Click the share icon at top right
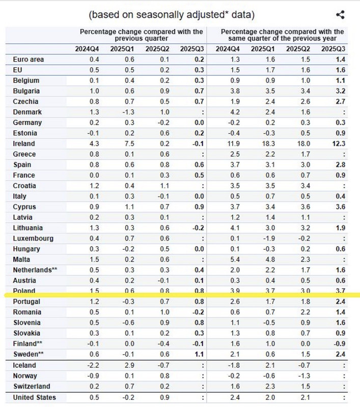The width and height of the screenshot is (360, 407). pyautogui.click(x=340, y=16)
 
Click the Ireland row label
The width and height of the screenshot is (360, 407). pyautogui.click(x=24, y=143)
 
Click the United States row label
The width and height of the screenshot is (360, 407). pyautogui.click(x=35, y=397)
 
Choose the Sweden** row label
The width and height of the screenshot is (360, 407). pyautogui.click(x=29, y=354)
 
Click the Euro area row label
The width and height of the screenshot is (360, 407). pyautogui.click(x=29, y=60)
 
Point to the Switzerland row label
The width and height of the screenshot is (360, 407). pyautogui.click(x=32, y=386)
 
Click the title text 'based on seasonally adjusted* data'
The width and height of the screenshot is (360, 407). pyautogui.click(x=172, y=15)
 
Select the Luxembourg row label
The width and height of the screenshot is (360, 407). pyautogui.click(x=33, y=238)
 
